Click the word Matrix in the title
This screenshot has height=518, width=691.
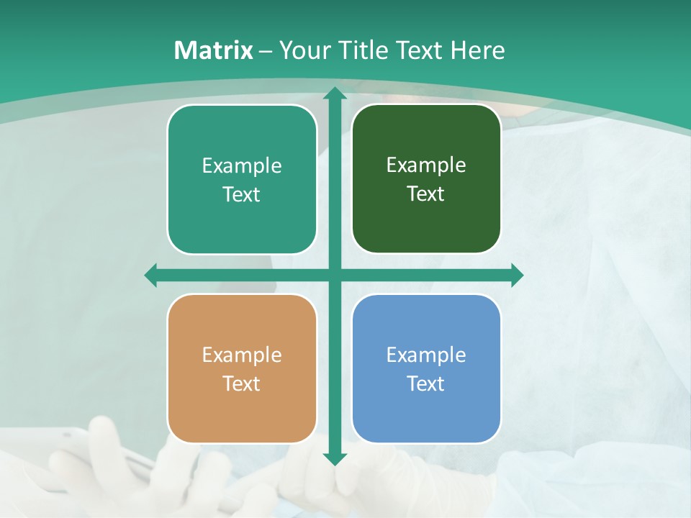click(x=214, y=50)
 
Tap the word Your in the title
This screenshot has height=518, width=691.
click(x=303, y=50)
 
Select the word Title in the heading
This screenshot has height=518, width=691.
click(x=363, y=50)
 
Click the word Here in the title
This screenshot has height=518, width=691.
click(x=477, y=50)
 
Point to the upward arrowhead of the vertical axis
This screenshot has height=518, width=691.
click(x=334, y=94)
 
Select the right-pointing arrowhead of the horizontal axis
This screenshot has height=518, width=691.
click(x=516, y=275)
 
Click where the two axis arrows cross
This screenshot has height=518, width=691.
click(x=334, y=275)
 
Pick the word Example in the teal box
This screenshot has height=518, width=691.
click(x=242, y=166)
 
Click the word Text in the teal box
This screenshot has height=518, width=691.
click(x=242, y=194)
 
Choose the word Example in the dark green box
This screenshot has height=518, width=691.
click(x=426, y=165)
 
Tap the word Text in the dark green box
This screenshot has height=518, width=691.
click(x=426, y=194)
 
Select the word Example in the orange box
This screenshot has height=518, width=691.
click(x=242, y=355)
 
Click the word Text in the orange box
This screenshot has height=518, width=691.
click(x=242, y=383)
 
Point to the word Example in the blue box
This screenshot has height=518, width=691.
click(x=426, y=355)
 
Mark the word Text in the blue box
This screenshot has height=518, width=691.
click(x=426, y=383)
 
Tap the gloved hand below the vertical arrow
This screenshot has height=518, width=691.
click(x=317, y=482)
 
